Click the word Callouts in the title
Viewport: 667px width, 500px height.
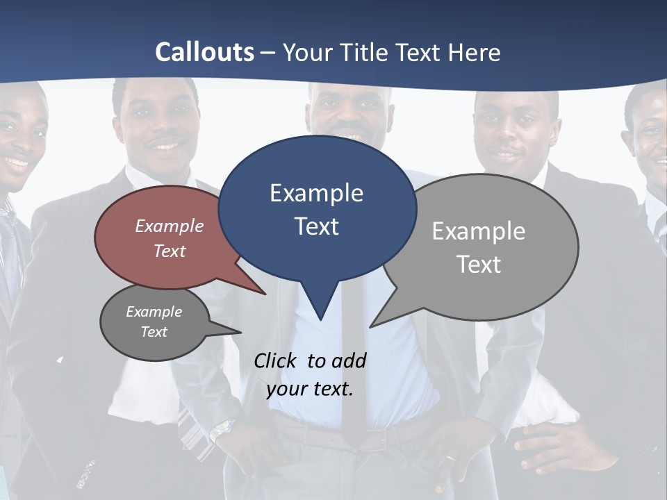point(204,52)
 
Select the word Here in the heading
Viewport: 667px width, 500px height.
point(475,53)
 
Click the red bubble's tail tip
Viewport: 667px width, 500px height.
point(265,294)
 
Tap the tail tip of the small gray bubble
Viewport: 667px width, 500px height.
point(240,333)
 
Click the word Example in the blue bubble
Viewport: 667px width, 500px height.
point(316,193)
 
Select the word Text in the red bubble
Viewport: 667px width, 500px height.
point(170,251)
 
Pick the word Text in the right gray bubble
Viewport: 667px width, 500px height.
point(479,265)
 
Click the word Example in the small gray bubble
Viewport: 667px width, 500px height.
point(154,312)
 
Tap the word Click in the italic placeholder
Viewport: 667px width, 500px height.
point(275,360)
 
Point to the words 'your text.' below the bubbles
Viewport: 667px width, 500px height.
point(310,389)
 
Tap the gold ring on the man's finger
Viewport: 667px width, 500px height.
point(450,459)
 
